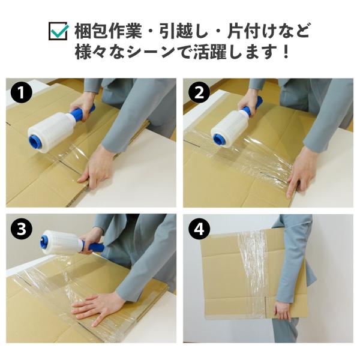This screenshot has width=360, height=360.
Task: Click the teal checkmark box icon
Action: click(58, 31)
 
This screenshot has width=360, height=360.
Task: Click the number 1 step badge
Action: click(21, 93)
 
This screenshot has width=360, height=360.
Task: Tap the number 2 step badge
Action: click(199, 93)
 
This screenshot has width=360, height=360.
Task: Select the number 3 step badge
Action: click(21, 229)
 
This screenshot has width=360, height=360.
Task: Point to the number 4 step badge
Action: click(199, 229)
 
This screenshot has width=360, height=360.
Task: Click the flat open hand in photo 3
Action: click(97, 307)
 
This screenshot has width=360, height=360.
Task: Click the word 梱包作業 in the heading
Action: click(107, 31)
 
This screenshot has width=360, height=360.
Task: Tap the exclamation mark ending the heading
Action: click(286, 52)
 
